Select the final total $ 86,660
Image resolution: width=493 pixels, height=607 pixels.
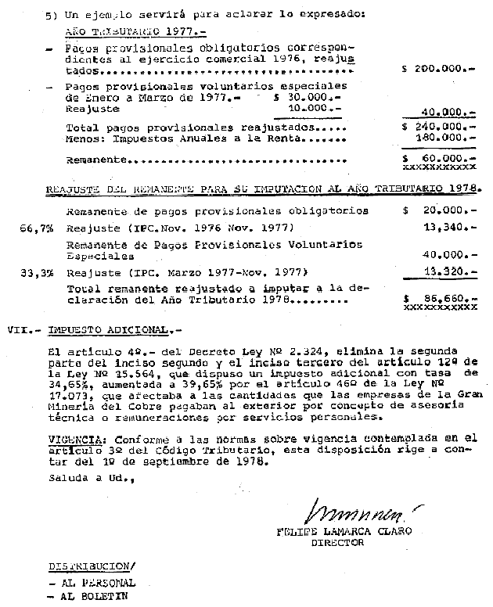pos(437,298)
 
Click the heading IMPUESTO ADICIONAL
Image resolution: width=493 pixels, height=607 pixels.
pos(99,329)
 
